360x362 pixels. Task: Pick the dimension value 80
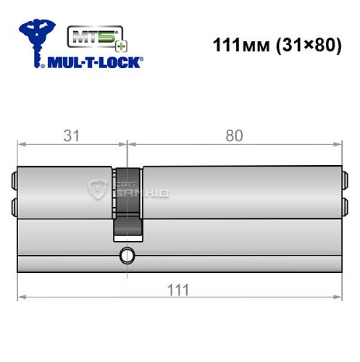[233, 135]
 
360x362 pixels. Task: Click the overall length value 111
[177, 289]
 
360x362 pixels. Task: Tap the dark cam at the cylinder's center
[128, 203]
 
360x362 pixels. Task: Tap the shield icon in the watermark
[96, 190]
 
